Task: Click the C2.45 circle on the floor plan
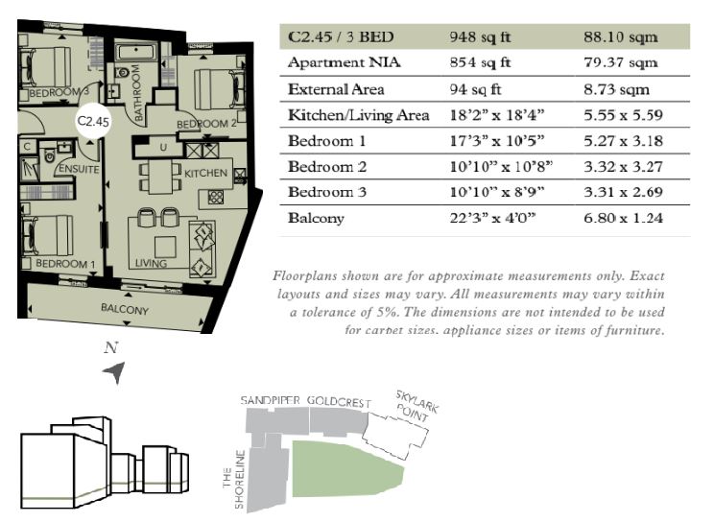click(93, 121)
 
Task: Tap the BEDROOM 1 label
click(65, 264)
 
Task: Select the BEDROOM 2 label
click(206, 124)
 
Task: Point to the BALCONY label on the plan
click(125, 309)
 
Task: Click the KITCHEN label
click(205, 173)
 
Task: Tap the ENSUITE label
click(79, 169)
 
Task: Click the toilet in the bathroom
click(122, 72)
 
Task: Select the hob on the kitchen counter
click(215, 198)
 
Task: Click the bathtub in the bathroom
click(135, 52)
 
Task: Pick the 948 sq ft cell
click(480, 36)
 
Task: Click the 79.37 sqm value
click(621, 62)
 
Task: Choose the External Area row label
click(336, 89)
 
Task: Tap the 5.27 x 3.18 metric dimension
click(623, 141)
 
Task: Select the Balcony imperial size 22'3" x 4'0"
click(492, 218)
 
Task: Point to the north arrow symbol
click(115, 372)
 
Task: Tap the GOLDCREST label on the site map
click(339, 402)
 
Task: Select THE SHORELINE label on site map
click(233, 479)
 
